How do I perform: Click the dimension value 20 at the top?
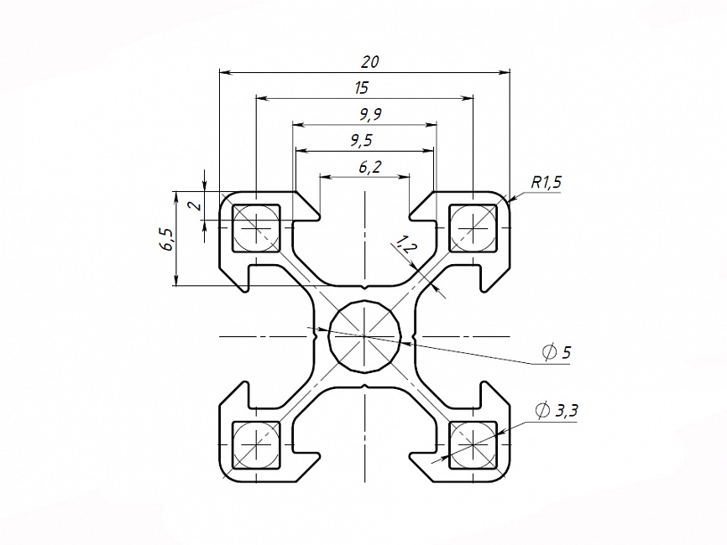(x=369, y=62)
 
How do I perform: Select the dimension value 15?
(x=362, y=87)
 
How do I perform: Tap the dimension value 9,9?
(x=364, y=114)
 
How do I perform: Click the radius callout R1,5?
(x=546, y=181)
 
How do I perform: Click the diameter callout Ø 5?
(x=557, y=353)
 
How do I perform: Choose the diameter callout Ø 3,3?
(x=557, y=410)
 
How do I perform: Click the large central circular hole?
(x=364, y=335)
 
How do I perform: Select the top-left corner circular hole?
(x=256, y=226)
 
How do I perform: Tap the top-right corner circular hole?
(x=473, y=226)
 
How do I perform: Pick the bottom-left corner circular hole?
(x=256, y=444)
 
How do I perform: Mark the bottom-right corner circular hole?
(x=473, y=444)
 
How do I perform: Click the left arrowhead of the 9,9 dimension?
(x=298, y=125)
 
